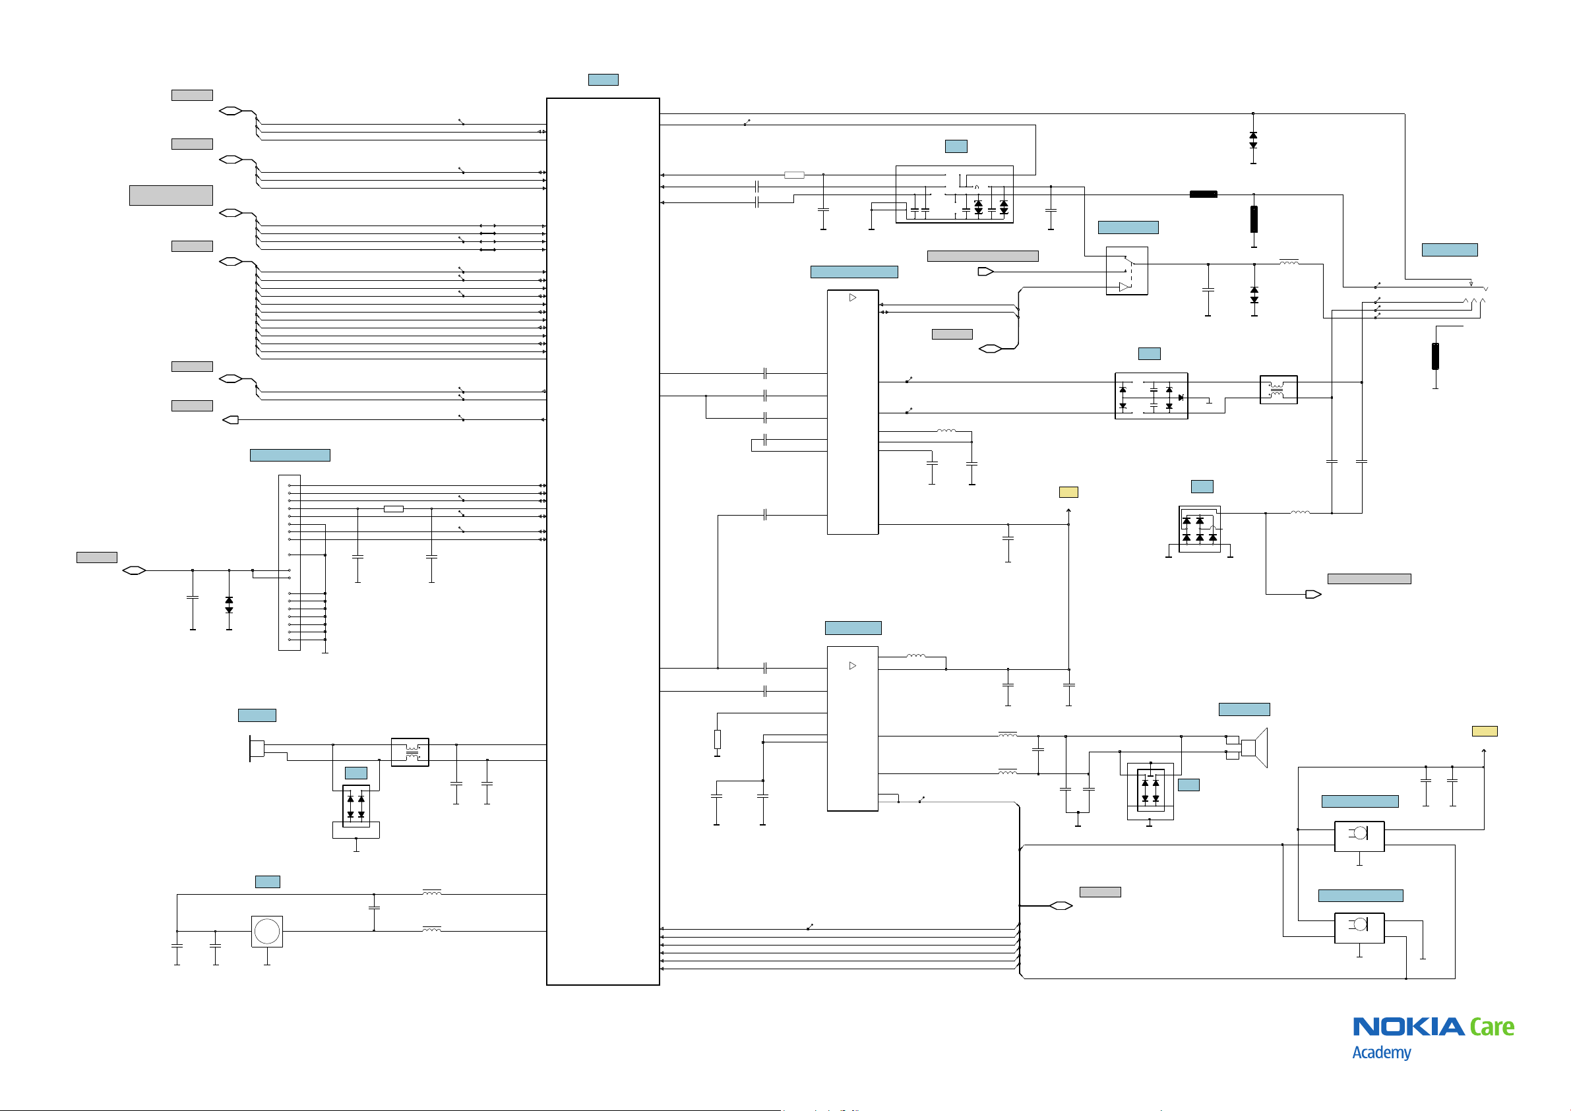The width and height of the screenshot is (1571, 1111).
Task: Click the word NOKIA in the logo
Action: coord(1408,1026)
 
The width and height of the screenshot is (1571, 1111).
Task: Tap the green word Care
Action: coord(1492,1026)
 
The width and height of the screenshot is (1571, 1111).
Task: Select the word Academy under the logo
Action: coord(1382,1052)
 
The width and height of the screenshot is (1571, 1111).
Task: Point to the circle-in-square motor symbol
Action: coord(267,931)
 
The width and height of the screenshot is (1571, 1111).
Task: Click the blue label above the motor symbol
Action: coord(268,882)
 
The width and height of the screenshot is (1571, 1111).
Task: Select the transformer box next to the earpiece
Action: coord(410,752)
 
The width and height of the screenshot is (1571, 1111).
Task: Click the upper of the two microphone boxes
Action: coord(1359,836)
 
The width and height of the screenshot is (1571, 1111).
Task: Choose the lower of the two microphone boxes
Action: coord(1359,928)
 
